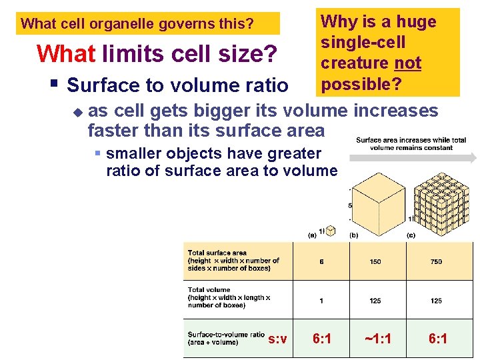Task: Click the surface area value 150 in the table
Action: click(375, 261)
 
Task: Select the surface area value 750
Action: click(436, 261)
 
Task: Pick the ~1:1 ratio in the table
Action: click(377, 339)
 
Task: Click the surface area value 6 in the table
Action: click(321, 261)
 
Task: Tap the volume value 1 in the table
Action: click(321, 301)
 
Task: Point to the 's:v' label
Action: click(277, 339)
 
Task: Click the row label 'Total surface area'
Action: click(217, 253)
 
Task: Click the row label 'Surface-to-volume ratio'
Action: click(226, 335)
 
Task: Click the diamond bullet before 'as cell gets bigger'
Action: click(77, 111)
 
